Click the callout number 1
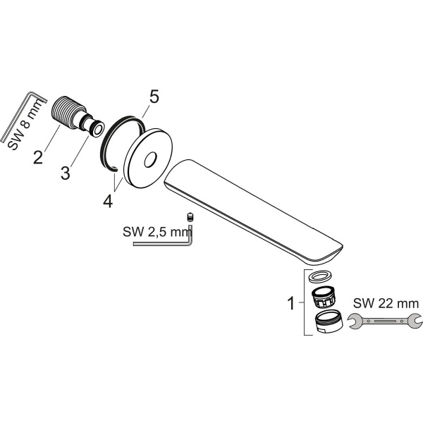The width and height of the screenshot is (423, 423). [290, 305]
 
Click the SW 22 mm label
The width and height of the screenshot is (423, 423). [384, 303]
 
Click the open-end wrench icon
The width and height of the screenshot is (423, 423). [384, 324]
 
